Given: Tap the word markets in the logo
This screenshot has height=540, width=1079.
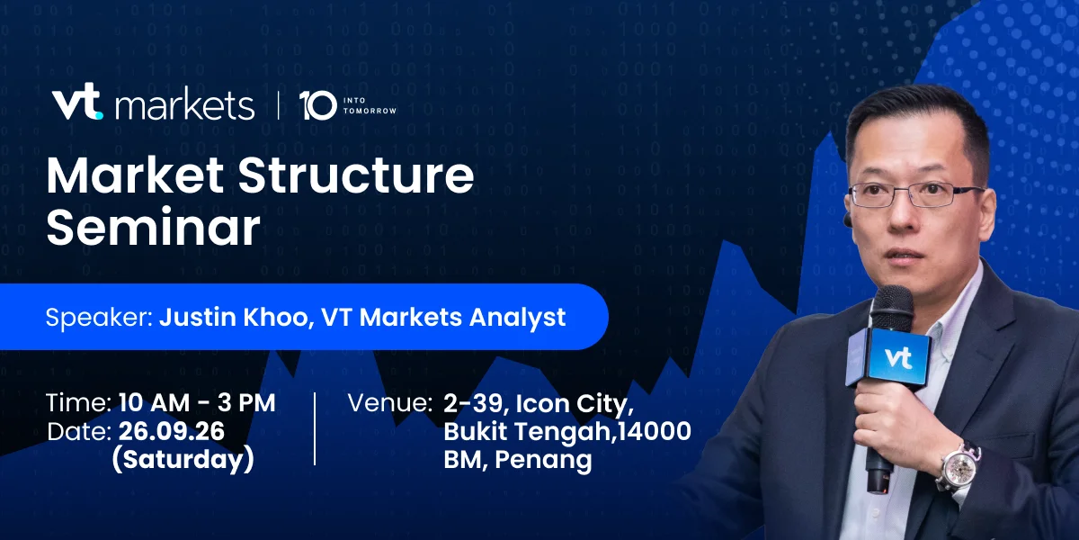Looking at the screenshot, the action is click(x=184, y=105).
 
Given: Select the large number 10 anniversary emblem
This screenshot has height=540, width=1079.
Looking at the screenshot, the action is click(x=317, y=105).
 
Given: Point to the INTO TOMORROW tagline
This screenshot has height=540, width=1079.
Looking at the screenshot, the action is click(x=370, y=105).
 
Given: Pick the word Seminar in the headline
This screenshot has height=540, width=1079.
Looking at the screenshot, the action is click(x=153, y=227).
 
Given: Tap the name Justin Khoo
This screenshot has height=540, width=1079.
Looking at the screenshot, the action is click(x=233, y=317).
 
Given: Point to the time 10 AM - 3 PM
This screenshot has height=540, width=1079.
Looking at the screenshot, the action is click(x=197, y=402).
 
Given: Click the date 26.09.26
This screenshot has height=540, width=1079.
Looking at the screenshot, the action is click(x=172, y=431).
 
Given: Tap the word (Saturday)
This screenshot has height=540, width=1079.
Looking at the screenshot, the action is click(x=183, y=460).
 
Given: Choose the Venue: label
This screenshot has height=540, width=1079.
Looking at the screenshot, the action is click(x=389, y=403).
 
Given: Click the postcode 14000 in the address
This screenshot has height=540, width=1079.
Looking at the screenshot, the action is click(x=655, y=431).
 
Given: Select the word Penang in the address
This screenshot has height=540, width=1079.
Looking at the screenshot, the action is click(x=543, y=460).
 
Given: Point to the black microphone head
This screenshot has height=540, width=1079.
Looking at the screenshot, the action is click(x=891, y=308).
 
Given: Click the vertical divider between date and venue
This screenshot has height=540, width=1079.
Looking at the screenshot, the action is click(x=315, y=428).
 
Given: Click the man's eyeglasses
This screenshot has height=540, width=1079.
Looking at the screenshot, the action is click(x=915, y=194).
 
